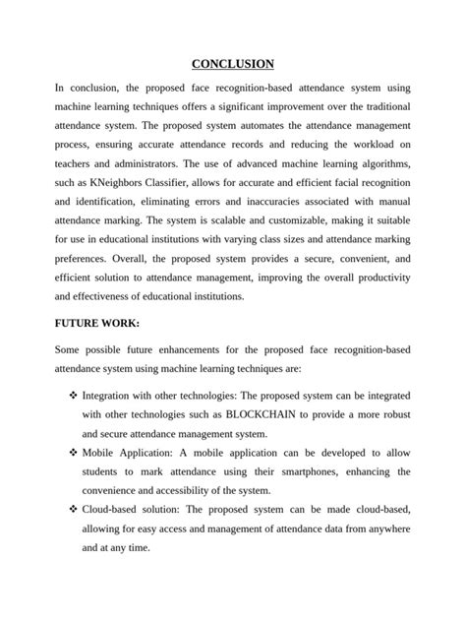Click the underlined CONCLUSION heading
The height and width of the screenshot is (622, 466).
(233, 64)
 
